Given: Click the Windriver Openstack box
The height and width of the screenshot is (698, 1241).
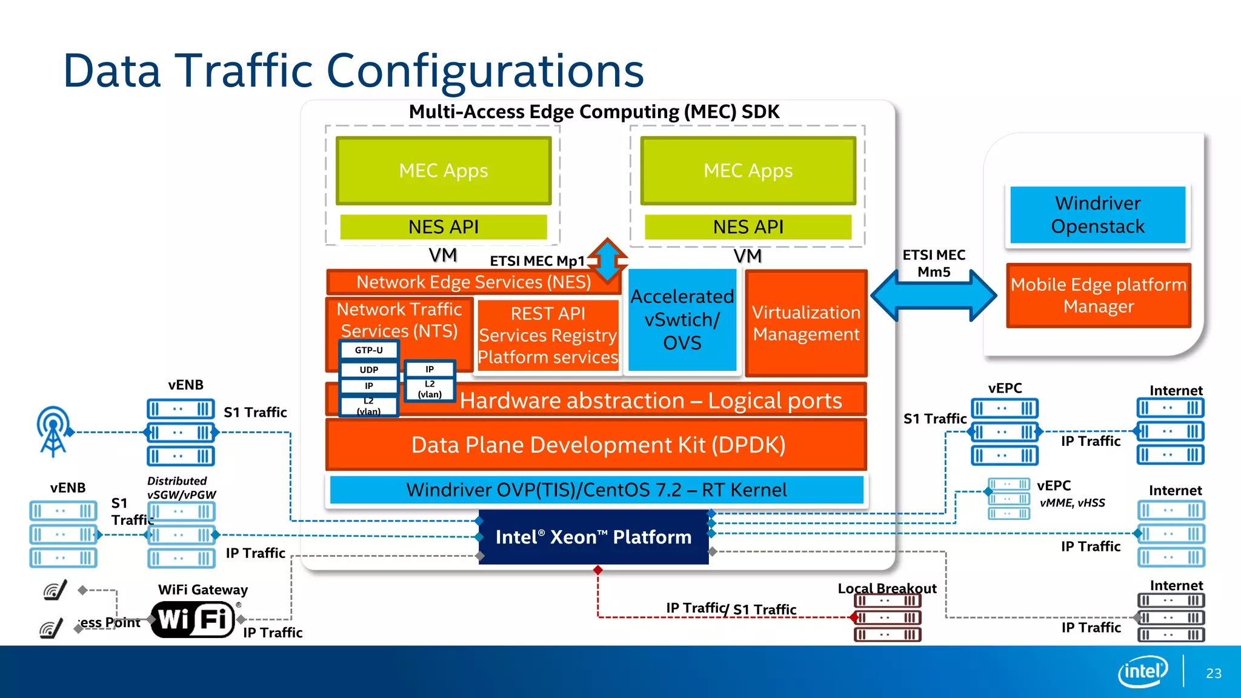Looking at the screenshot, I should pos(1097,215).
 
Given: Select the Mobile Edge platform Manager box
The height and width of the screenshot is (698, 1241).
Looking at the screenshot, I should pos(1098,296).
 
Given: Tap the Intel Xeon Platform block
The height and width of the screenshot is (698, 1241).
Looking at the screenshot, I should pos(593,537).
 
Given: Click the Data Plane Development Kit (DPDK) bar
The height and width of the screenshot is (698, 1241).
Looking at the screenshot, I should pos(597,445).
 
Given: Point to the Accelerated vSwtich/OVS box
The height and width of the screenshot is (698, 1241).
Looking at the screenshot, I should pos(682,320).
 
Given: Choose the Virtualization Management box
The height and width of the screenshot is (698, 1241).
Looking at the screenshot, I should pos(806,323).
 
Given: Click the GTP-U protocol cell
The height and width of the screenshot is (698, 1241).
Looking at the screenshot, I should pos(368,350).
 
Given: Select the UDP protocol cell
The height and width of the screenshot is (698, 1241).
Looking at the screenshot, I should pos(368,370).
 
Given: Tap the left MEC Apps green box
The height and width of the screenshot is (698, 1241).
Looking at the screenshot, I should pos(444,170).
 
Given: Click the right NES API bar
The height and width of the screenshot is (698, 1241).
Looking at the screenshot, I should pos(748,227).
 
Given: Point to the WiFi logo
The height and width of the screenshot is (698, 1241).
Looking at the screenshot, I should pos(192,619).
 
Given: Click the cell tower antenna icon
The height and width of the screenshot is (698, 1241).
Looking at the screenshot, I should pos(53,431).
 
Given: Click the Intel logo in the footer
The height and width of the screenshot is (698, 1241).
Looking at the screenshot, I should pos(1143,671).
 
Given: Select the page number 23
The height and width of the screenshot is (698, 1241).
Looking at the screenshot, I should pos(1213,673).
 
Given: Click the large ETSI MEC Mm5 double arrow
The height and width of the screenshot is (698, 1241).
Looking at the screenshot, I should pos(934,296).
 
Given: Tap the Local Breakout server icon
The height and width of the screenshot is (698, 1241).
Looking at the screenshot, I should pos(887,617).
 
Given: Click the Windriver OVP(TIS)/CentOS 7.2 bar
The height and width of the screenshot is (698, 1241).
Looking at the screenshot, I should pos(597,490).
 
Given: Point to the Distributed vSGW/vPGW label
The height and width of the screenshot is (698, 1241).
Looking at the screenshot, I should pos(181,488).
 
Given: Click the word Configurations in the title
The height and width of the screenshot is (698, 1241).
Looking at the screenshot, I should pos(485,70).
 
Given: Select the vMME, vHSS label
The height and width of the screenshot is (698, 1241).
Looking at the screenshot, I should pos(1072,503).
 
